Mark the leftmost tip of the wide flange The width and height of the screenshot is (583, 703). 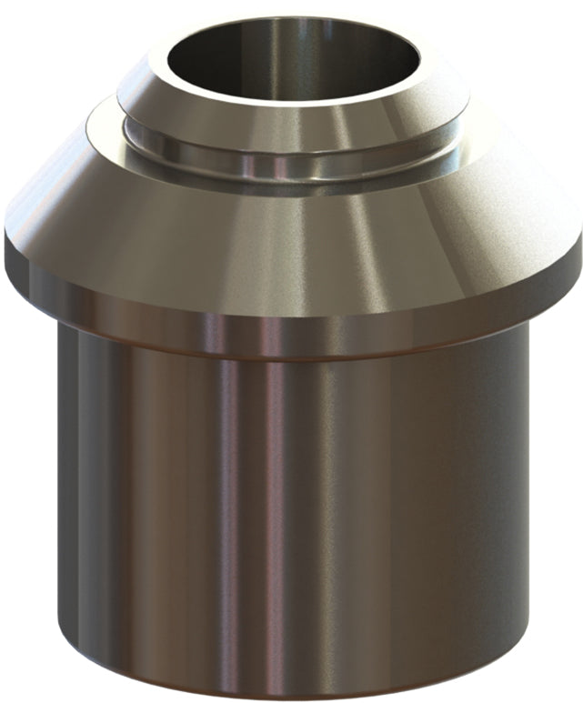pos(5,238)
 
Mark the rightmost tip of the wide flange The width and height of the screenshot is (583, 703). pos(580,238)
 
